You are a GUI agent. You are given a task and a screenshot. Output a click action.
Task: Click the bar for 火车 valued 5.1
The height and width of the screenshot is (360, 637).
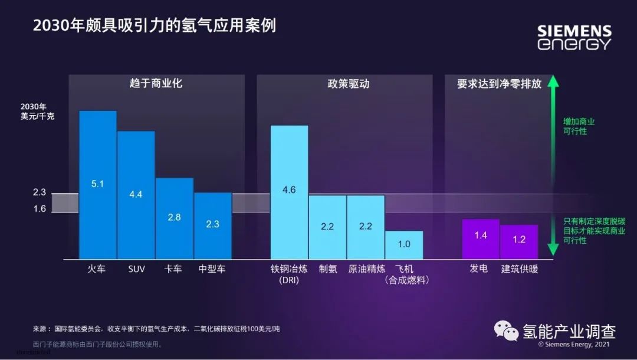(98, 185)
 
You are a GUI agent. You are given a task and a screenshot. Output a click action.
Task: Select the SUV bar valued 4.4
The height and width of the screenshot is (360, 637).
(136, 195)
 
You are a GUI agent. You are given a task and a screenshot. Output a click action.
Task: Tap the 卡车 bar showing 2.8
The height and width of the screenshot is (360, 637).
(175, 218)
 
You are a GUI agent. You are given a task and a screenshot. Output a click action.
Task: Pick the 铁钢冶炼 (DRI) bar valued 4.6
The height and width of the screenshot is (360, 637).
(289, 192)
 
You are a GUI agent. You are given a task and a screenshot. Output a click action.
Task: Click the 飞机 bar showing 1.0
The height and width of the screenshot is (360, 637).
(404, 244)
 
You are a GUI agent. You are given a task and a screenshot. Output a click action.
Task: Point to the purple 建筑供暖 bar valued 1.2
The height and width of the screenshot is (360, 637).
(519, 241)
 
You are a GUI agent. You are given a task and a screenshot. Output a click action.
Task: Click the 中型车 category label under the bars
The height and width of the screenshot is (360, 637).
(212, 269)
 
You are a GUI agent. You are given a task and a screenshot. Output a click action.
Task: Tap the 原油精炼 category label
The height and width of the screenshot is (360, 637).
(366, 269)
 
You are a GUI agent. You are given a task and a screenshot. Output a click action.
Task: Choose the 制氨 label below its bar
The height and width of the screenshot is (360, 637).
(328, 269)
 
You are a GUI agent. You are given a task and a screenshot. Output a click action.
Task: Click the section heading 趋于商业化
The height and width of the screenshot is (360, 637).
(156, 84)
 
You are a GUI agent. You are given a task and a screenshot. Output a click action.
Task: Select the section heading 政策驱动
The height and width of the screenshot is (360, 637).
(348, 84)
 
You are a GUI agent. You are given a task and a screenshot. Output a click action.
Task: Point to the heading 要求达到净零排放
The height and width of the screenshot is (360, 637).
(499, 84)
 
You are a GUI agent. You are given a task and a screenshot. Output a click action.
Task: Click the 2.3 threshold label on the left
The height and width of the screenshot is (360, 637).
(40, 192)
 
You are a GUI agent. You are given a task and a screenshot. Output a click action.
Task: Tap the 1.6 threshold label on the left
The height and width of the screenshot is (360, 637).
(40, 208)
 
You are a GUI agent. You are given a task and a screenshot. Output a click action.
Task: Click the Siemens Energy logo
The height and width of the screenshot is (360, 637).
(574, 37)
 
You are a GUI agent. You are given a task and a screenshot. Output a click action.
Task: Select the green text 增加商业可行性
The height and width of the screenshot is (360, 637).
(579, 126)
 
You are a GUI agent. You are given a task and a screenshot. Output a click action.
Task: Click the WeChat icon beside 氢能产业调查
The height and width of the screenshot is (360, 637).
(507, 330)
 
